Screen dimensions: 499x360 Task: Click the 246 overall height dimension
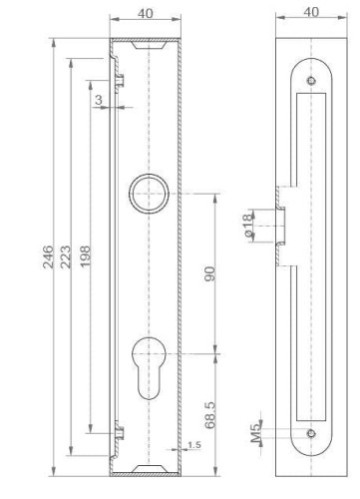click(48, 261)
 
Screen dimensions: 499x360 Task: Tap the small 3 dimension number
click(98, 101)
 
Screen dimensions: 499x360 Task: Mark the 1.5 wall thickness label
click(192, 444)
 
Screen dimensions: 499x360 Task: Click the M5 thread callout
click(255, 430)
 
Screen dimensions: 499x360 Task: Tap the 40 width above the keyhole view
click(145, 14)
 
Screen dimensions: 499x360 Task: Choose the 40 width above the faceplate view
click(311, 14)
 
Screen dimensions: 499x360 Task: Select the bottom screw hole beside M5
click(311, 433)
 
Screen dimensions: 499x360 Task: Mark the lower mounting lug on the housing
click(122, 433)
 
